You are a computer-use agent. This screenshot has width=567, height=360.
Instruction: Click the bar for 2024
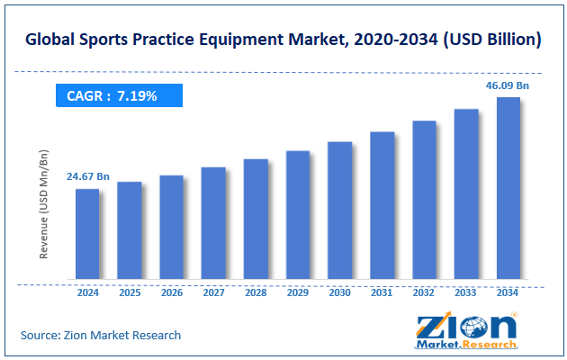pos(87,234)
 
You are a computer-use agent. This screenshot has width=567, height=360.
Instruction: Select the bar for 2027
pos(213,223)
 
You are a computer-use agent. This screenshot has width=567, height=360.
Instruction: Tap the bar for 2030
pos(339,211)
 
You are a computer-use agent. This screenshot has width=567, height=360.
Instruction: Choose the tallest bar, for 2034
pos(508,188)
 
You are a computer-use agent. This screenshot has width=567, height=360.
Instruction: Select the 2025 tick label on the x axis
pos(130,293)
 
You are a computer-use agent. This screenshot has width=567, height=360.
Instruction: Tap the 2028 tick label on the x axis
pos(256,293)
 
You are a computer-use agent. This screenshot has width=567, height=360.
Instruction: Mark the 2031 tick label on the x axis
pos(382,293)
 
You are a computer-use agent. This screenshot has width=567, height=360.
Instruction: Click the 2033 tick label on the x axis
pos(466,293)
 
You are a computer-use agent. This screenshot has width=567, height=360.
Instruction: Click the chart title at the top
pos(283,40)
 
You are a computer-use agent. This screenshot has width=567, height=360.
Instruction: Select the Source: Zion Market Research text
pos(101,335)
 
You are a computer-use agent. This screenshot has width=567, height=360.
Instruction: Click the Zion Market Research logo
pos(465,330)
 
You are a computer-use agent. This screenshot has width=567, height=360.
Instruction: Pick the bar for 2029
pos(298,215)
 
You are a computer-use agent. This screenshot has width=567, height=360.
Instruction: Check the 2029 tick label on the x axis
pos(298,293)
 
